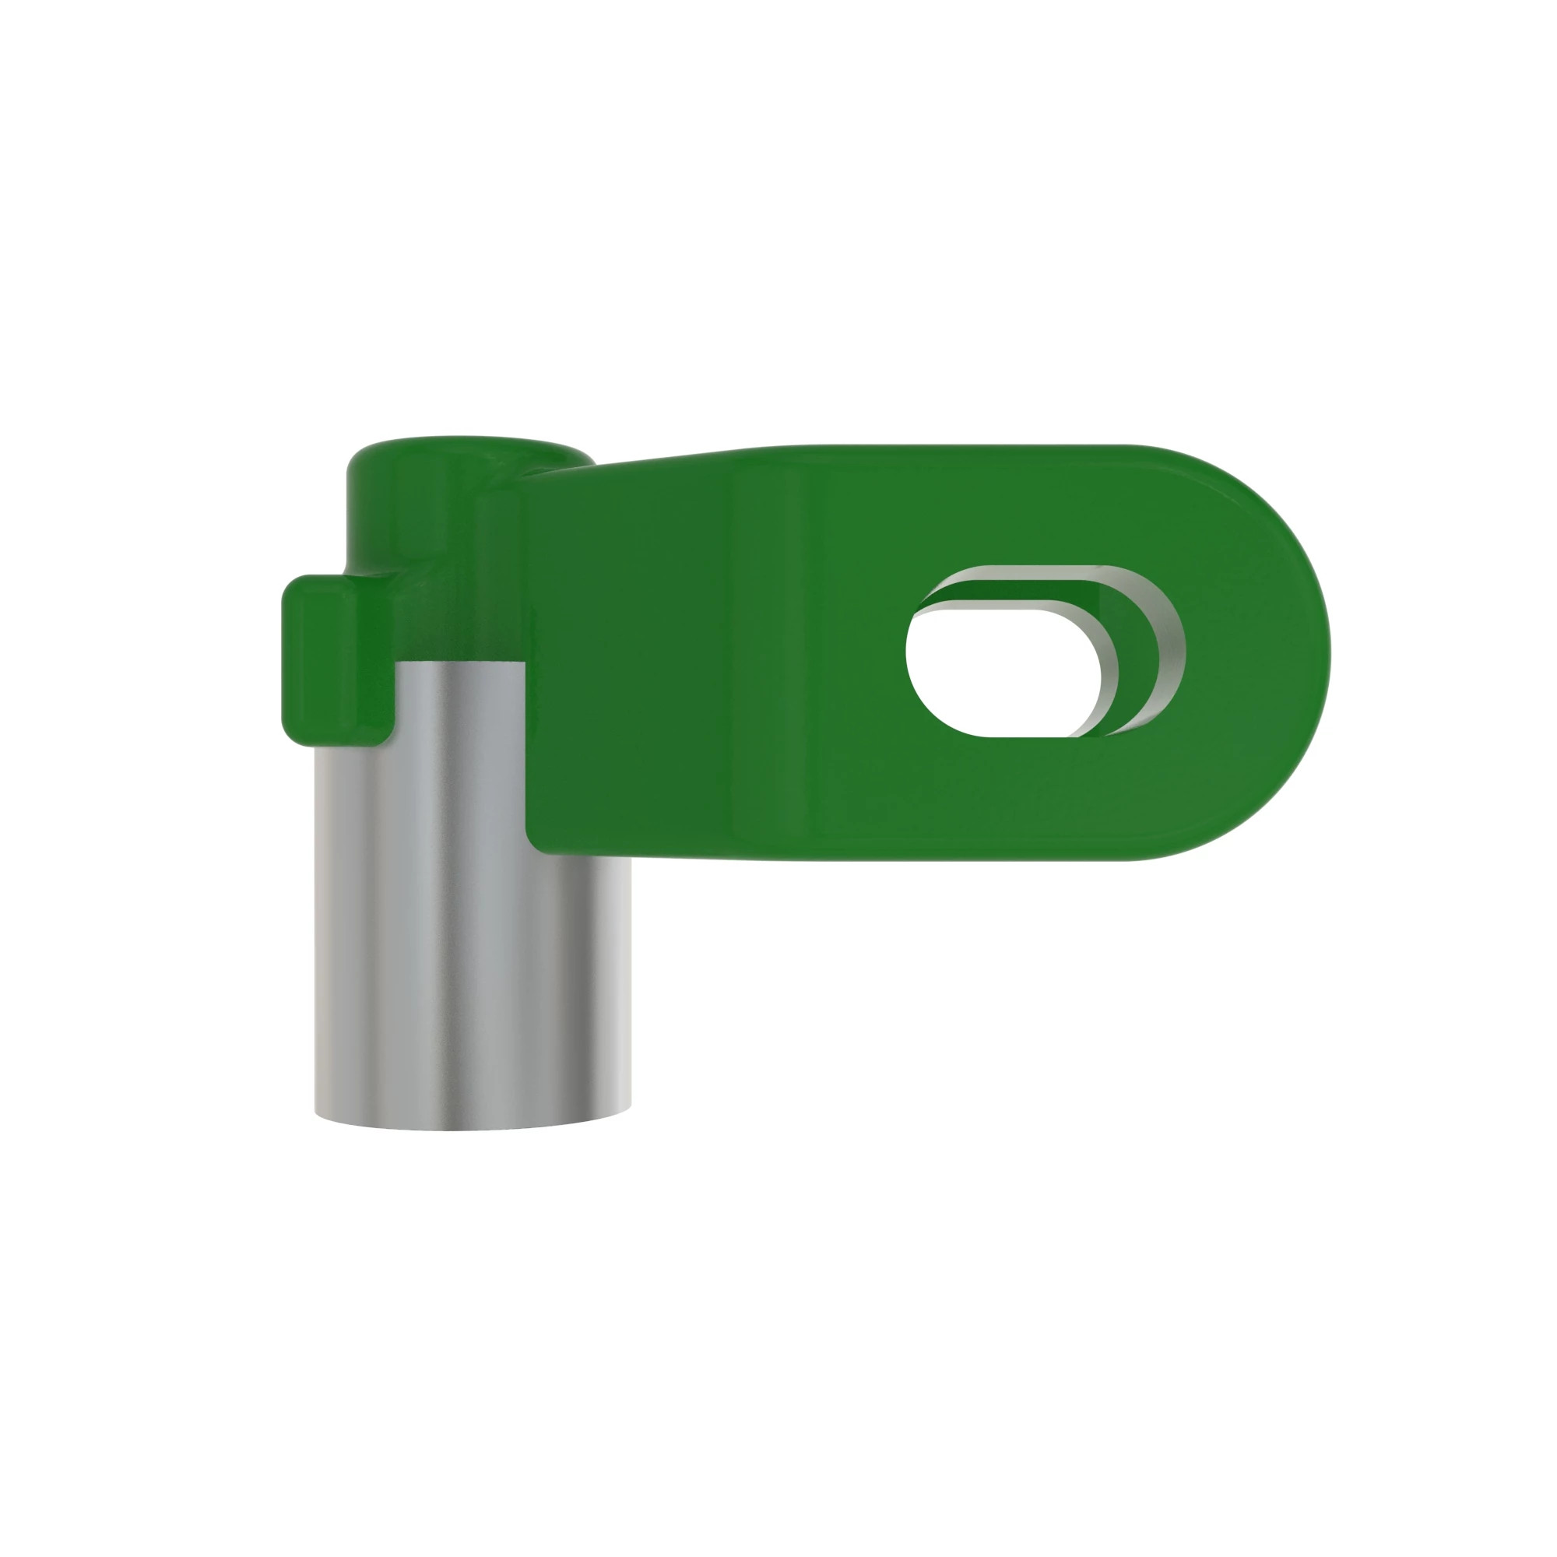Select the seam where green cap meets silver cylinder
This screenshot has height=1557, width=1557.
coord(459,662)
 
